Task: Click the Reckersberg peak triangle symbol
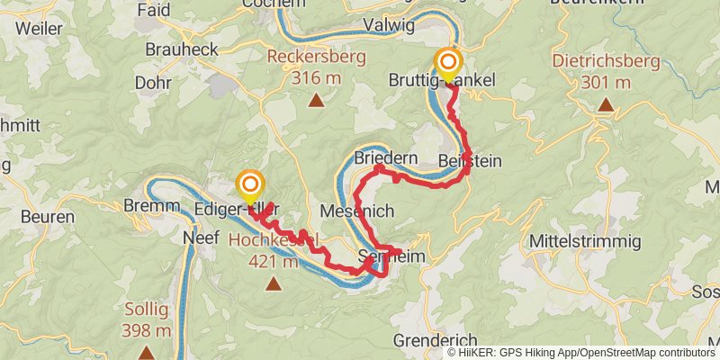(x=316, y=101)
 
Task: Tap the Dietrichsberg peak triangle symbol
(x=607, y=105)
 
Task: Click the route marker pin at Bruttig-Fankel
(x=448, y=65)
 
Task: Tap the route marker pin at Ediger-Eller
(x=249, y=187)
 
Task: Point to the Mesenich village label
(x=357, y=210)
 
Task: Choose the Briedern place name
(x=386, y=157)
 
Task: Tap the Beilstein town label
(x=470, y=160)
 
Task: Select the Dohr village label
(x=151, y=82)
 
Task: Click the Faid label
(x=155, y=10)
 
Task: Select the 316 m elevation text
(x=315, y=78)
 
